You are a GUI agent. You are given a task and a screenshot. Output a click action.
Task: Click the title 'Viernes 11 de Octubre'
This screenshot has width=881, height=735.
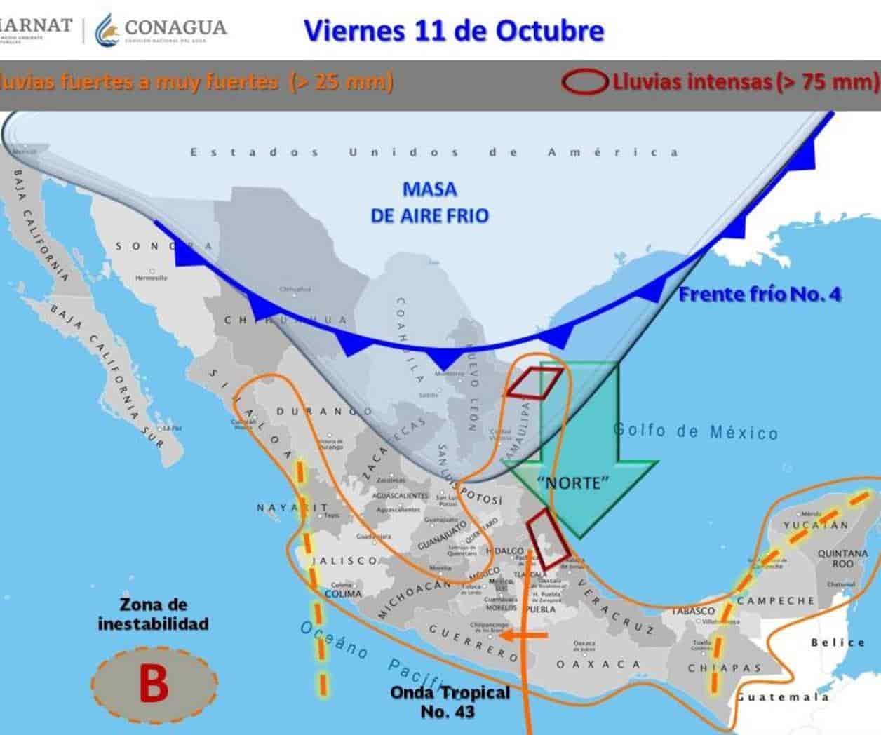[453, 31]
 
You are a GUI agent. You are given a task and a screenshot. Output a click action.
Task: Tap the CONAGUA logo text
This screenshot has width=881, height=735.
[175, 28]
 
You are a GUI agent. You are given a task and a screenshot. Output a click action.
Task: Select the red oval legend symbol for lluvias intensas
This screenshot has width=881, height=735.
[584, 82]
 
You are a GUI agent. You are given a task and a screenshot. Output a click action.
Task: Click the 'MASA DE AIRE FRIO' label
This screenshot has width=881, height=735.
[429, 202]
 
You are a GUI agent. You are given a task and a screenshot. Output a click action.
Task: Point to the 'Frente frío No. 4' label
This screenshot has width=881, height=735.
[759, 294]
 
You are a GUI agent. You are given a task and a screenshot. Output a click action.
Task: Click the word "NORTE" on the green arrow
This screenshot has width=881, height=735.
[572, 483]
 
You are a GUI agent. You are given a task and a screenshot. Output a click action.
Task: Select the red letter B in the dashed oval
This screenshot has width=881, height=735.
[154, 682]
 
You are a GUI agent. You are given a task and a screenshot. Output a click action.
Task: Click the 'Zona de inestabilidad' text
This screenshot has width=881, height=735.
[153, 614]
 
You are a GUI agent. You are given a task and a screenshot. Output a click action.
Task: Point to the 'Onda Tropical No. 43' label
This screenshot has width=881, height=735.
[450, 701]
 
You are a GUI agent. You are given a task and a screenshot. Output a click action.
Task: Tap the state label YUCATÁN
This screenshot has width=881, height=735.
[816, 525]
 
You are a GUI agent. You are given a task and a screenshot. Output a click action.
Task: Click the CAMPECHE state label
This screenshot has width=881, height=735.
[776, 601]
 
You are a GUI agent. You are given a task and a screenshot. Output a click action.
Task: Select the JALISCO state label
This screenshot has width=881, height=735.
[344, 560]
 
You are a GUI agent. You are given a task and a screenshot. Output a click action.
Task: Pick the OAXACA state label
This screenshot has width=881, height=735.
[598, 664]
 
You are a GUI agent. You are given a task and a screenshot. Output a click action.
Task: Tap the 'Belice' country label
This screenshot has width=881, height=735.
[838, 642]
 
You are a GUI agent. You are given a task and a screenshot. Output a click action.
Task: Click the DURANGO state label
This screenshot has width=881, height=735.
[323, 412]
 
